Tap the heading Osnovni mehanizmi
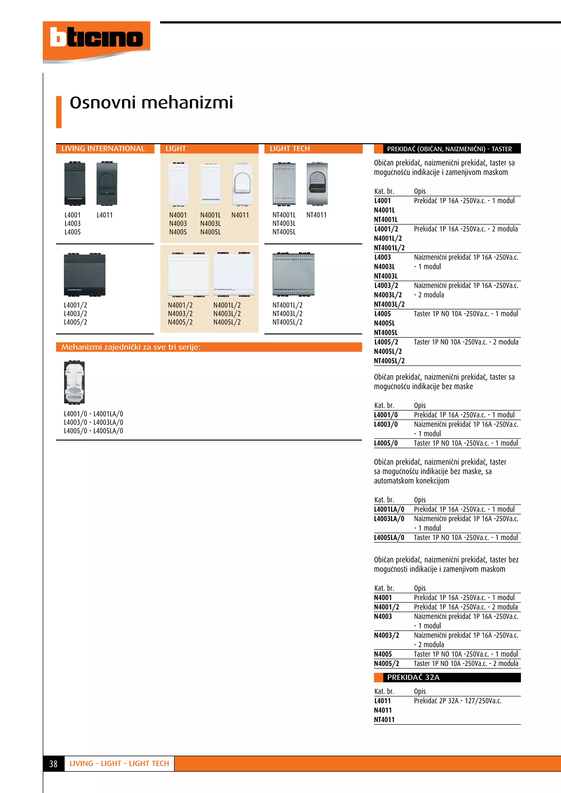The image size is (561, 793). click(x=151, y=103)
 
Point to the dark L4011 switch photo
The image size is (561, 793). click(x=107, y=183)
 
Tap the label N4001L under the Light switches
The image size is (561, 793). click(x=210, y=215)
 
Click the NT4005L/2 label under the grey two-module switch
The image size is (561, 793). click(x=287, y=322)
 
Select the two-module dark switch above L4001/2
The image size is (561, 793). click(x=84, y=275)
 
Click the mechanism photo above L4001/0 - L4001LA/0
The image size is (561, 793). click(x=74, y=382)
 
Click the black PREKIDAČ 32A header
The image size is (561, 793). click(x=447, y=677)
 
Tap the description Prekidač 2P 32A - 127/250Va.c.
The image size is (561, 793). click(x=457, y=701)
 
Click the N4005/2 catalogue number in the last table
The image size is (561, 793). click(x=386, y=663)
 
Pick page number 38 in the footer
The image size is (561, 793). click(x=53, y=764)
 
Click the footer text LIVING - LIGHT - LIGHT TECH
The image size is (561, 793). click(x=119, y=764)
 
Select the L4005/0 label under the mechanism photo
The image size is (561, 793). click(x=76, y=431)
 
